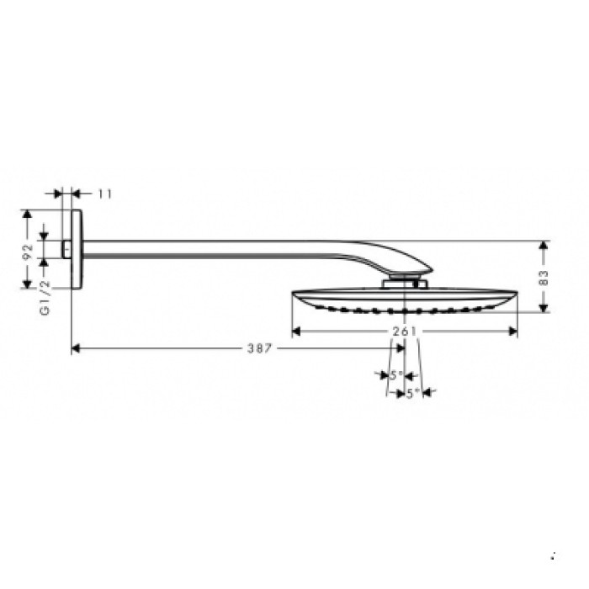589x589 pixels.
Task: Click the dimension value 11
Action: (x=104, y=194)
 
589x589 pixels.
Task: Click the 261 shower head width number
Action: (x=405, y=332)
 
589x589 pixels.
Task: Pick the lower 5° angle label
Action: (x=413, y=393)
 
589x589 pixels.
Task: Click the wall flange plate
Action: (x=77, y=250)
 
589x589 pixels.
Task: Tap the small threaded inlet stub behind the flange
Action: (x=66, y=249)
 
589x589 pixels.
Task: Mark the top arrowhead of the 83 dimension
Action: (x=544, y=246)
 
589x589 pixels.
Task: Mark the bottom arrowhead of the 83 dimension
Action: (x=544, y=307)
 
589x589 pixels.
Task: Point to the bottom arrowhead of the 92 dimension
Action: (x=28, y=284)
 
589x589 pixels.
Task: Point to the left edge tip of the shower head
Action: (x=294, y=294)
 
